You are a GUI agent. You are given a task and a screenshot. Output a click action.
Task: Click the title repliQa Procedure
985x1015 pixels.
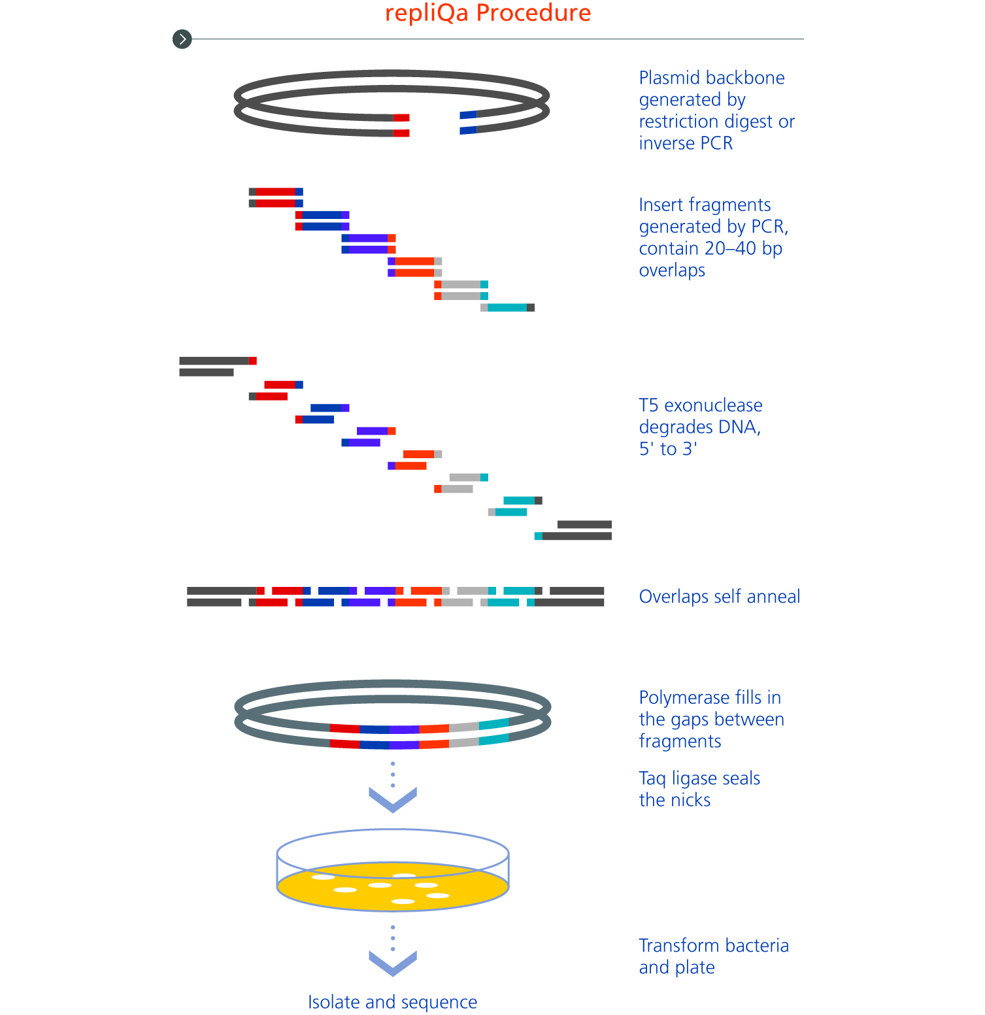[488, 13]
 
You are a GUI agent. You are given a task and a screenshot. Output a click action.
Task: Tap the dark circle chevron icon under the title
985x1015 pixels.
[182, 39]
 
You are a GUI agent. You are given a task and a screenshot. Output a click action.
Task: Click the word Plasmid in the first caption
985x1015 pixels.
[668, 78]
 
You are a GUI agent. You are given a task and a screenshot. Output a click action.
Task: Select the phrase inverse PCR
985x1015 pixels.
[686, 143]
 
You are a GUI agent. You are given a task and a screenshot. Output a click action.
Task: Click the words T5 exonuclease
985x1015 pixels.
[701, 405]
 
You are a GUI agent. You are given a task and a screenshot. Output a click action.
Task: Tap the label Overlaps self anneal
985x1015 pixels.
[720, 597]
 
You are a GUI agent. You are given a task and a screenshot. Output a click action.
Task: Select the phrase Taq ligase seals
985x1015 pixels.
[699, 779]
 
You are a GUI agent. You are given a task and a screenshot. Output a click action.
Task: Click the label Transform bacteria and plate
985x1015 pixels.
[714, 957]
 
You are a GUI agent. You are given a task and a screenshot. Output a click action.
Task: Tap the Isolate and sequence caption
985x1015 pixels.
[393, 1003]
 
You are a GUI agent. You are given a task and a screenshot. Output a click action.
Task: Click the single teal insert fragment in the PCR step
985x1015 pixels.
[508, 308]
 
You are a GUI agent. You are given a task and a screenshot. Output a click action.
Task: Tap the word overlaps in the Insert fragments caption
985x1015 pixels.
[672, 271]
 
